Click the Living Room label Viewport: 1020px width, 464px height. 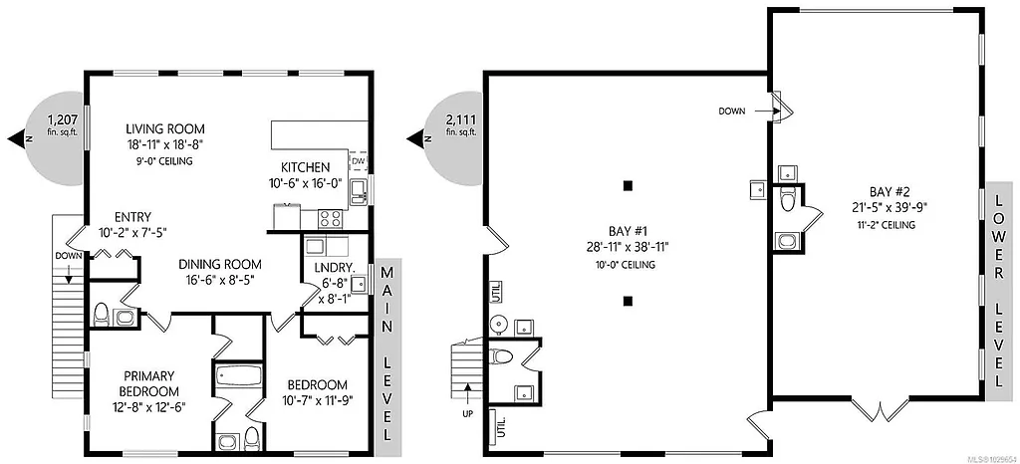165,128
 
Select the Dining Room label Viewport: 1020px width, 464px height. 220,264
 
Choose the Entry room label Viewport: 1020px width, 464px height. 132,216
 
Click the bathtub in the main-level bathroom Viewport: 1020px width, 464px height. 236,379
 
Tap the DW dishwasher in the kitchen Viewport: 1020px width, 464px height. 358,160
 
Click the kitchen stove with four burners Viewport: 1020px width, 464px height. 330,216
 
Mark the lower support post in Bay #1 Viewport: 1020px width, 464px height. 628,300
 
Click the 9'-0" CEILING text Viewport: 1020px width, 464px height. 165,160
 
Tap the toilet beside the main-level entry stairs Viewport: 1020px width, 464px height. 100,316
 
